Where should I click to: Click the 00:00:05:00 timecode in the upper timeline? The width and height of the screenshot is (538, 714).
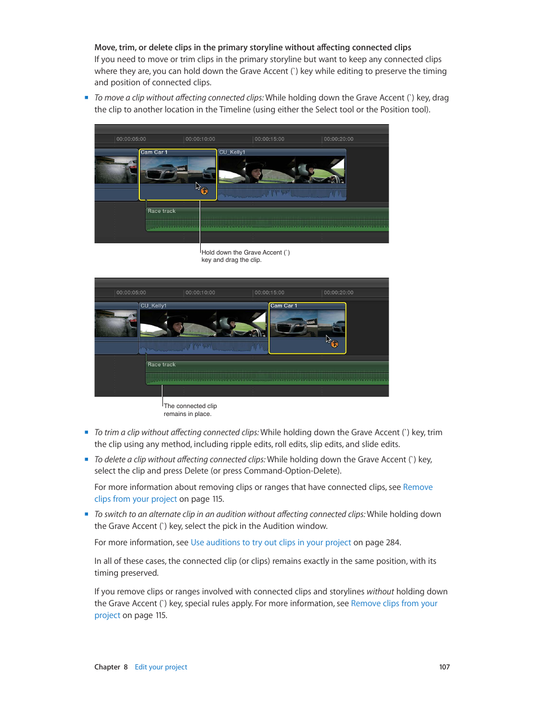point(131,139)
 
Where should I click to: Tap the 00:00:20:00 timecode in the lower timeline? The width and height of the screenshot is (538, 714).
point(338,292)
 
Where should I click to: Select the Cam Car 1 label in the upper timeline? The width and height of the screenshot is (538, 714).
point(154,152)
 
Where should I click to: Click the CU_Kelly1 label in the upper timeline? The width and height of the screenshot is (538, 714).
point(232,152)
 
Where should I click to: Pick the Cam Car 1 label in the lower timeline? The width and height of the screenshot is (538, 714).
point(284,306)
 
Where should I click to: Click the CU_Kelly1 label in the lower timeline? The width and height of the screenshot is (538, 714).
point(153,306)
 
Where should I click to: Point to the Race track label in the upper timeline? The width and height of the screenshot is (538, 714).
point(161,211)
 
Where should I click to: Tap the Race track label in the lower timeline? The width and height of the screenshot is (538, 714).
point(161,365)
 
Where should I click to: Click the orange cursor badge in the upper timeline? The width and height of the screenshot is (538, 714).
point(204,191)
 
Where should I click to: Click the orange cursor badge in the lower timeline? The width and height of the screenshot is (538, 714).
point(334,344)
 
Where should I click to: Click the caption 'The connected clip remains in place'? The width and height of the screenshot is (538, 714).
point(190,410)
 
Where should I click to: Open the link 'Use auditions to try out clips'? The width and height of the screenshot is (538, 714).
point(271,542)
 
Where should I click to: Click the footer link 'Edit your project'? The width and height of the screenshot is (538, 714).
point(161,667)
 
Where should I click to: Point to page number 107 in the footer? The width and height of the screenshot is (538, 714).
point(444,667)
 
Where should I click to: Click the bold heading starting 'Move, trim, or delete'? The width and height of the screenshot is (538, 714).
point(253,47)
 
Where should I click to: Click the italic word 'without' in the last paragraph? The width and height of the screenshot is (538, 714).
point(380,592)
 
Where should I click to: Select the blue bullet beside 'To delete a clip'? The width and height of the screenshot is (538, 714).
point(86,459)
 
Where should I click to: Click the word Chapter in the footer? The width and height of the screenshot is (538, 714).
point(107,667)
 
